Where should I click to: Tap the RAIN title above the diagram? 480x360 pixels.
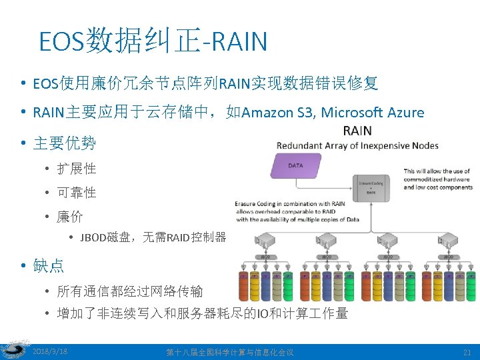point(357,130)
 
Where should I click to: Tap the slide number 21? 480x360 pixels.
point(467,351)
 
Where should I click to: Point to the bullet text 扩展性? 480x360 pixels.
point(77,168)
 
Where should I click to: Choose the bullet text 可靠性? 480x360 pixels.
point(77,193)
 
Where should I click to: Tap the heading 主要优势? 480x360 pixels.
point(64,143)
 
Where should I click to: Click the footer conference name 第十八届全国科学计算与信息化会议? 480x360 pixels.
point(229,351)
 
